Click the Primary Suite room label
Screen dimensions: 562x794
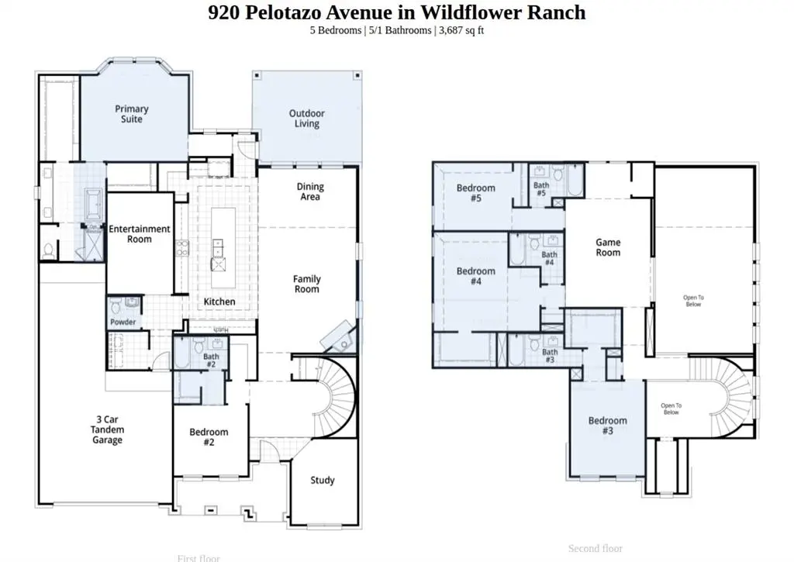click(132, 114)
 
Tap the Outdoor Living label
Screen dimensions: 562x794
click(307, 119)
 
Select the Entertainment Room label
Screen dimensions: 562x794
click(140, 234)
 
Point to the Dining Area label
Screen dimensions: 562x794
click(310, 191)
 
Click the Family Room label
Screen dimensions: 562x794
click(307, 284)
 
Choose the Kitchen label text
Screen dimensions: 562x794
click(219, 302)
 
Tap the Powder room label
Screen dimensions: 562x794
click(123, 322)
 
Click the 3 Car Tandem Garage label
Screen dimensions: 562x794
click(108, 429)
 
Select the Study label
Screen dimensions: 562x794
click(323, 481)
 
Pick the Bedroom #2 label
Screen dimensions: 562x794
click(209, 437)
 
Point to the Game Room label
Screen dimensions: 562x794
click(608, 247)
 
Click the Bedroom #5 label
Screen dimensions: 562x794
click(475, 193)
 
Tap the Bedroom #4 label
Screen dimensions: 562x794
click(475, 276)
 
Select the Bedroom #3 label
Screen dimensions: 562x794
click(607, 426)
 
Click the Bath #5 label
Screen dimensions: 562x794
click(541, 189)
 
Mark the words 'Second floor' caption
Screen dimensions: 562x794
click(595, 549)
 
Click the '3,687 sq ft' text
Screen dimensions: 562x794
click(461, 30)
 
